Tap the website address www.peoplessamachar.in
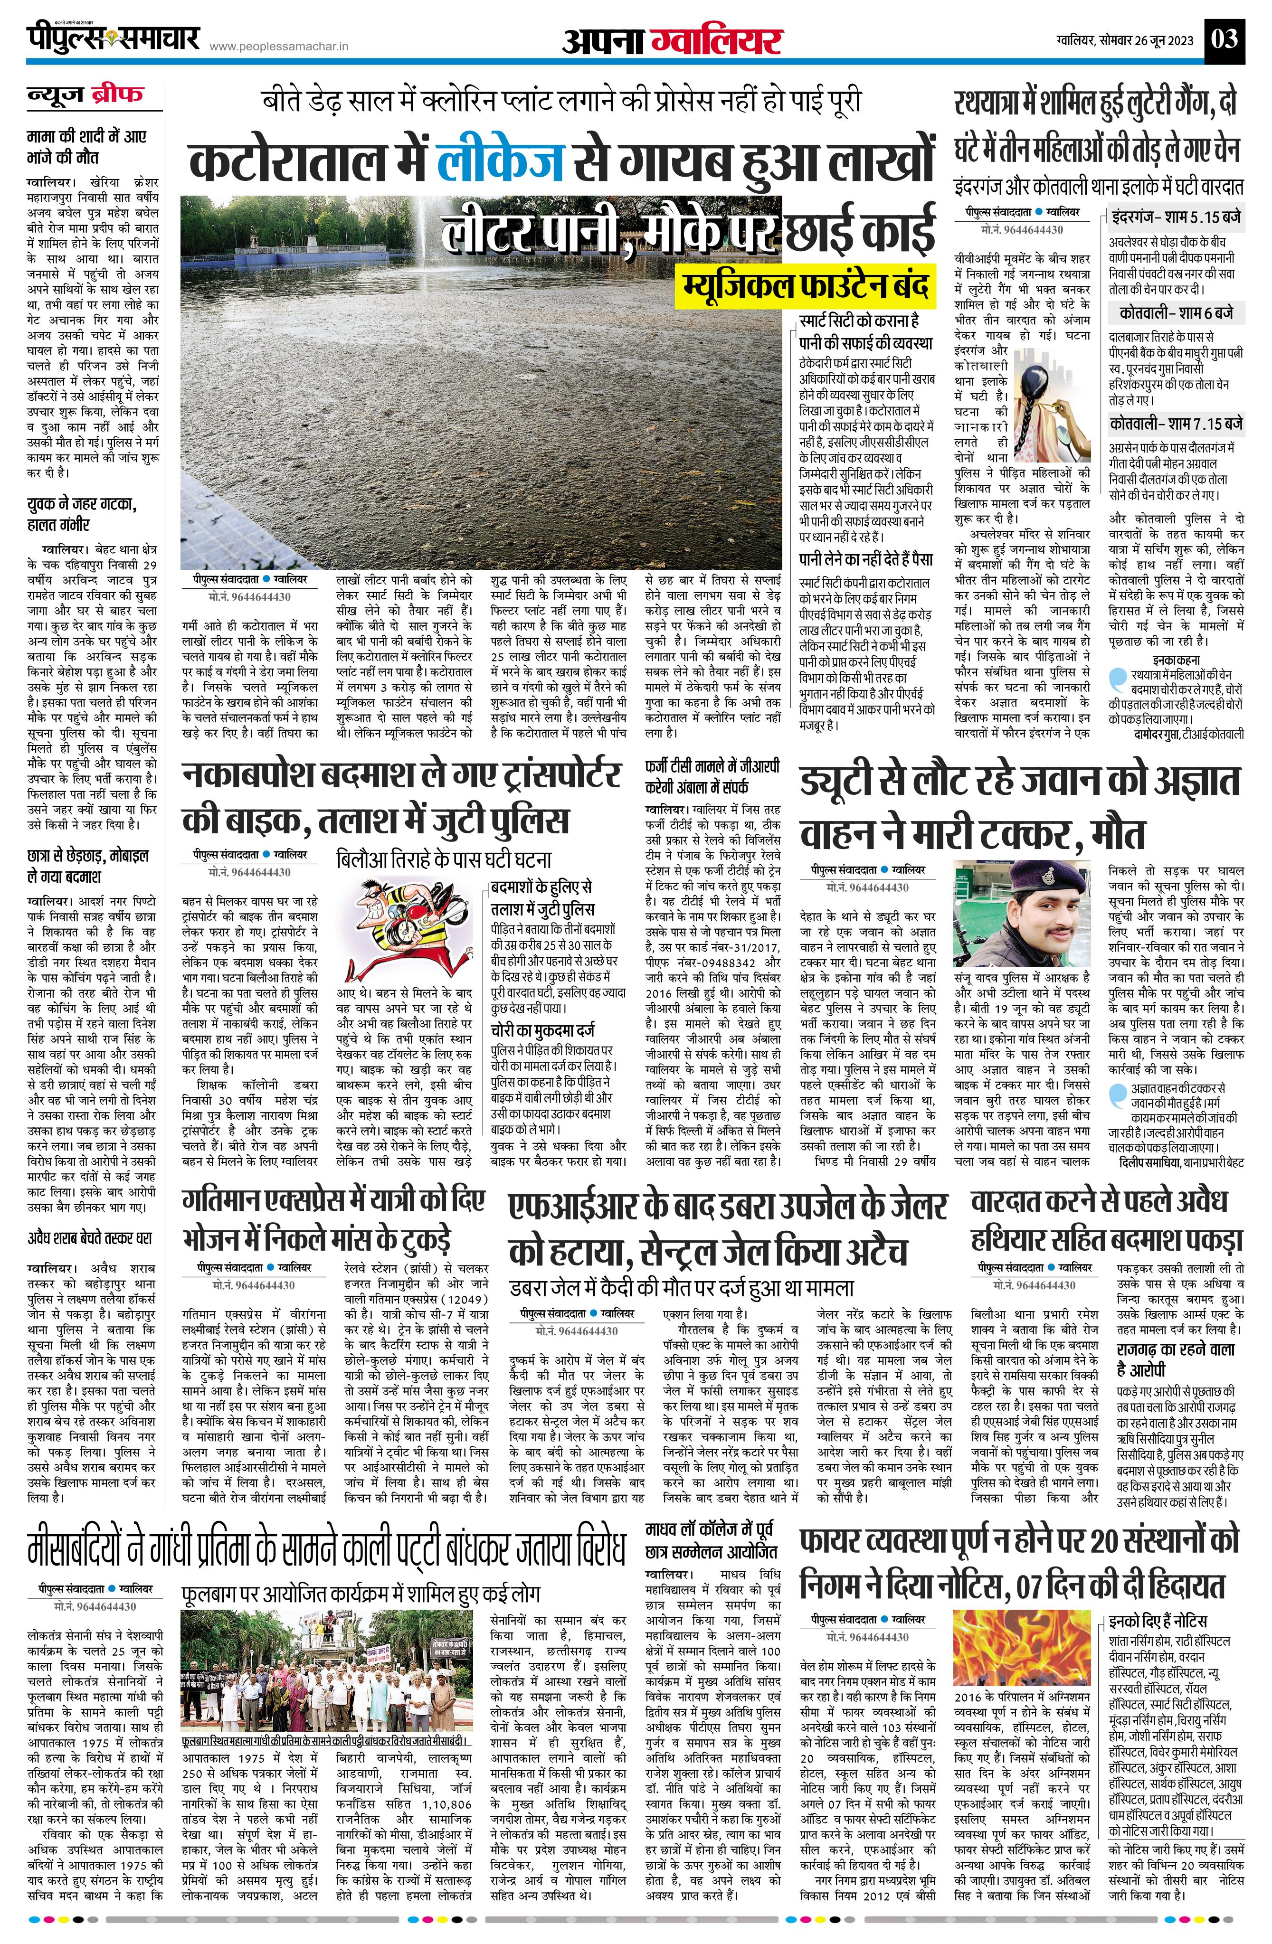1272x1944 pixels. point(279,48)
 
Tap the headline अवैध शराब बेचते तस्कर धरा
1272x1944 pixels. point(89,1239)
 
